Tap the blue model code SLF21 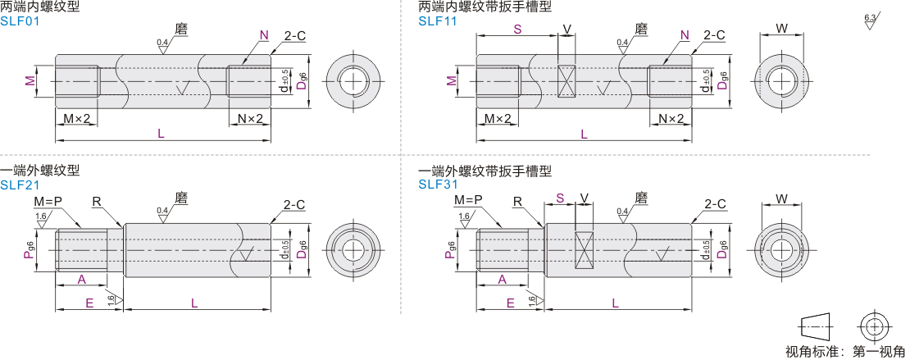[x=19, y=185]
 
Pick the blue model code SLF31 [x=438, y=185]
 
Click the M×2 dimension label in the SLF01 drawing [x=76, y=118]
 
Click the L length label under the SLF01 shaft [x=162, y=134]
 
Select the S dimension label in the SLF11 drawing [x=517, y=28]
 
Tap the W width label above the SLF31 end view [x=781, y=199]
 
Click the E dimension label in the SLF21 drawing [x=89, y=303]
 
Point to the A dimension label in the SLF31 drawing [x=502, y=280]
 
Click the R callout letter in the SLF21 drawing [x=97, y=201]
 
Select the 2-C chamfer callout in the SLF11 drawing [x=714, y=35]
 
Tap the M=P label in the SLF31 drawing [x=468, y=200]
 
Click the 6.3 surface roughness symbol [x=871, y=21]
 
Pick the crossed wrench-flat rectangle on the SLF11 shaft [x=566, y=80]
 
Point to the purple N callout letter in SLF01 [x=264, y=35]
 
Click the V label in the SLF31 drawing [x=585, y=198]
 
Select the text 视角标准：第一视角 [x=845, y=351]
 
